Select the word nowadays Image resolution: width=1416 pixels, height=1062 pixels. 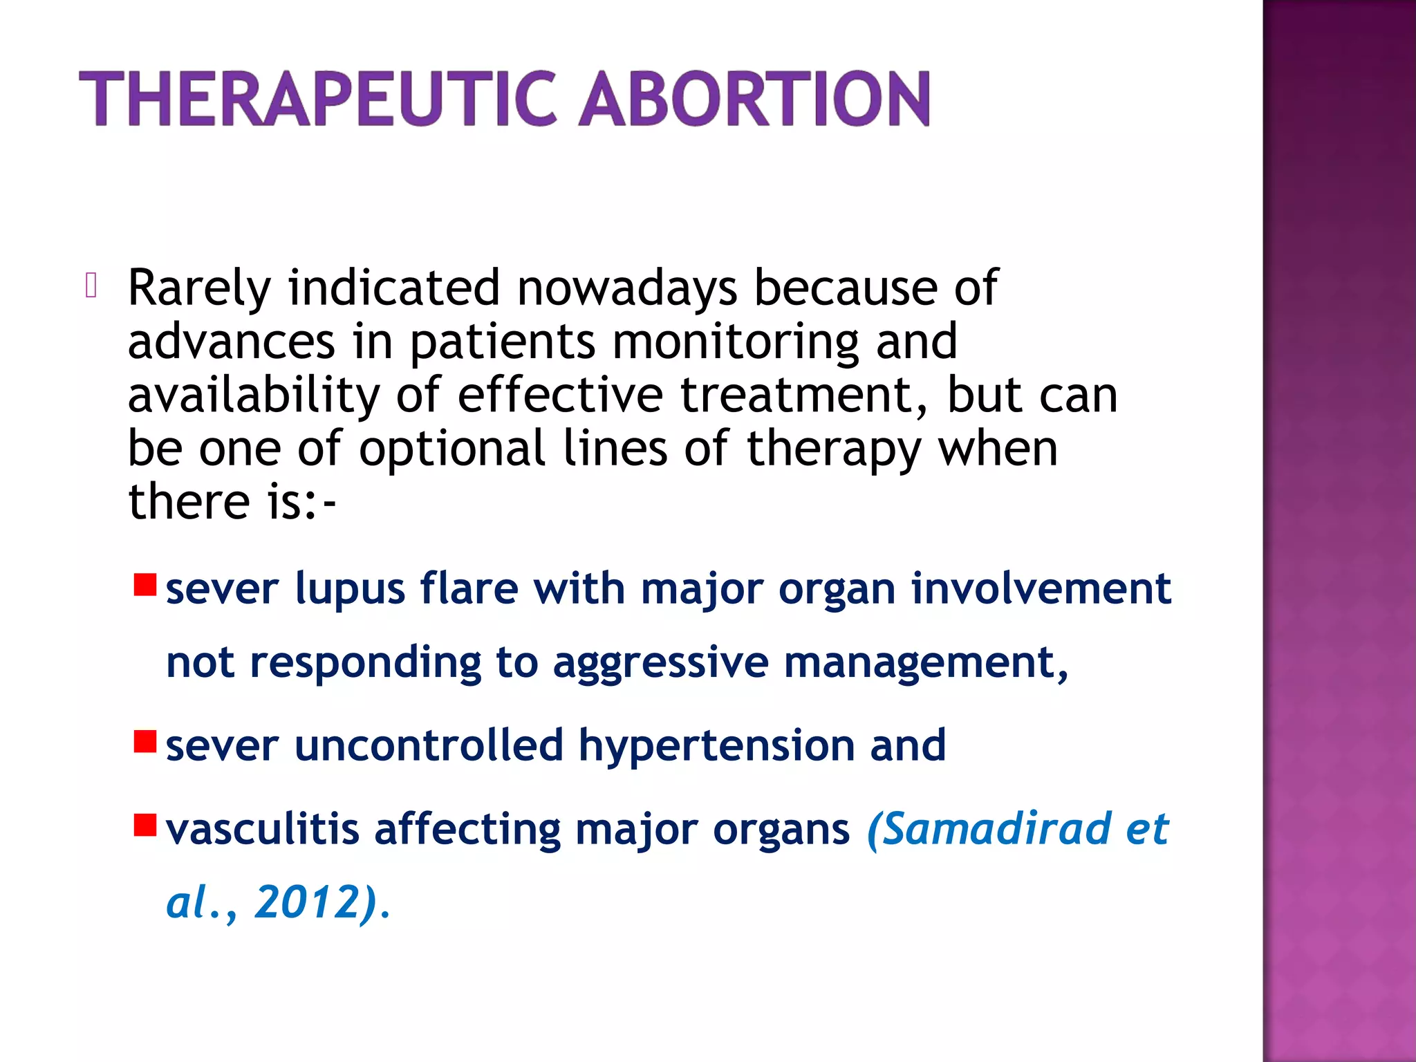point(627,288)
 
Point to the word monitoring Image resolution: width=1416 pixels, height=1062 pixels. point(736,342)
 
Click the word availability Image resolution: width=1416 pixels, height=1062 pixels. point(253,395)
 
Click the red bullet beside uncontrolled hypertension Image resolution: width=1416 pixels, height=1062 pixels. point(145,741)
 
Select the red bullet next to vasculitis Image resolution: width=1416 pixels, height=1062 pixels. point(145,825)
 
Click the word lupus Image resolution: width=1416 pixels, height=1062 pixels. point(350,590)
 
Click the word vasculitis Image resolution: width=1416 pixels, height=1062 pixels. point(262,829)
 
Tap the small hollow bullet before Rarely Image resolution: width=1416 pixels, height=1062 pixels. point(91,286)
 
